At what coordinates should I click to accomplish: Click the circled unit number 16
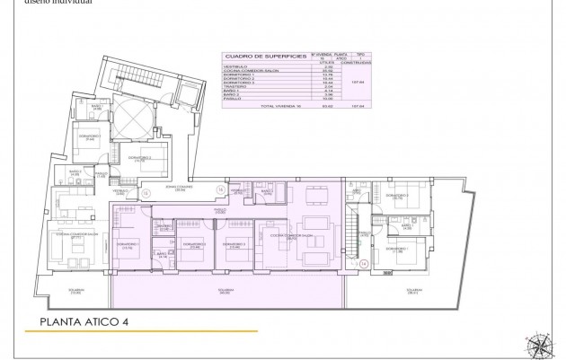click(x=221, y=189)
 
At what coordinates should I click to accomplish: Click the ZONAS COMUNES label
click(x=181, y=189)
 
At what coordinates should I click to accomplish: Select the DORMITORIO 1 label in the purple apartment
click(x=128, y=244)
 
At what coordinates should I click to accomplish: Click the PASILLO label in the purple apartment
click(x=218, y=212)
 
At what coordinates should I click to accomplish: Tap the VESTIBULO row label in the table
click(x=236, y=66)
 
